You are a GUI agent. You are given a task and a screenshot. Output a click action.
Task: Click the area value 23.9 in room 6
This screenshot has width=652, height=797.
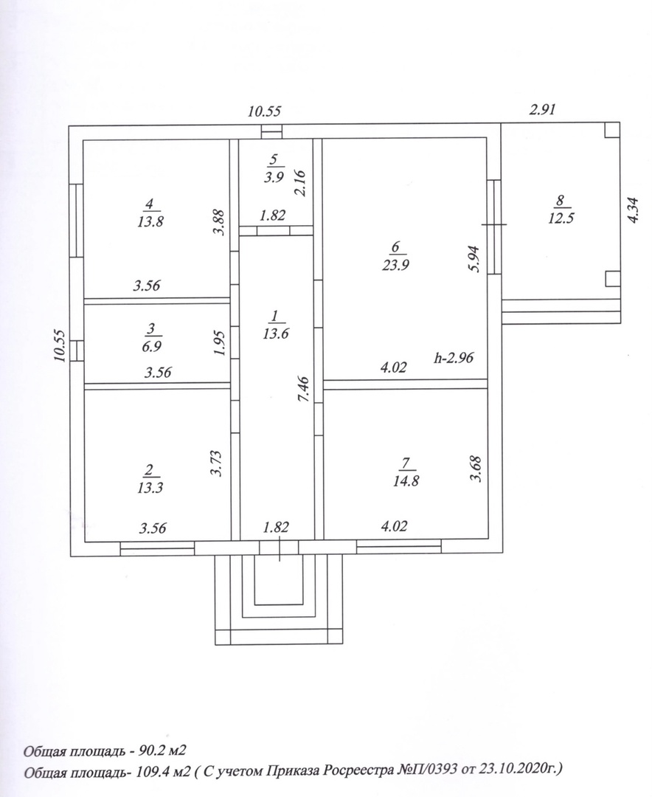[395, 265]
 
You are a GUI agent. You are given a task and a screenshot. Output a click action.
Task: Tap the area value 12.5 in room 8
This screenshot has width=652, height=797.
[561, 218]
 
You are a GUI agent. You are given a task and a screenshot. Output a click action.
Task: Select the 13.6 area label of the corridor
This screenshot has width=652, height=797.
[275, 334]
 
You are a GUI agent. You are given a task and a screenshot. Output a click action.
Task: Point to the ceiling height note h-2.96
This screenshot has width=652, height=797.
[454, 358]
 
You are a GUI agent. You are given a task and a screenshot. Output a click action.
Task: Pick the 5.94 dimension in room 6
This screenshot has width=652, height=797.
[475, 259]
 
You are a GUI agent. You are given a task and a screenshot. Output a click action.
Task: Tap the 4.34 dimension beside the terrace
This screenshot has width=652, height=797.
[633, 209]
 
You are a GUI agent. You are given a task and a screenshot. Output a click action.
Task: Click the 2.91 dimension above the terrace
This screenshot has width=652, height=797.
[543, 109]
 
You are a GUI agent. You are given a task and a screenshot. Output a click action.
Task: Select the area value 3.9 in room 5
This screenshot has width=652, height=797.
[274, 178]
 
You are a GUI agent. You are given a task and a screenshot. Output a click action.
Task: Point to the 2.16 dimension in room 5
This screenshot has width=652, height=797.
[300, 182]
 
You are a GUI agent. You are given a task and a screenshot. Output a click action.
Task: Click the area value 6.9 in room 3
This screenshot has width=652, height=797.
[151, 347]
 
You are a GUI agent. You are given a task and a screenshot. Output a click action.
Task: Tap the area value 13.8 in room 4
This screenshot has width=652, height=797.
[150, 221]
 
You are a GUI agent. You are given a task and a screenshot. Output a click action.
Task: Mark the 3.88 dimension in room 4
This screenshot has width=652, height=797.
[219, 223]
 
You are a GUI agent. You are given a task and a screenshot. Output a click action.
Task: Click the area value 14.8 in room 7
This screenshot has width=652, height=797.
[406, 480]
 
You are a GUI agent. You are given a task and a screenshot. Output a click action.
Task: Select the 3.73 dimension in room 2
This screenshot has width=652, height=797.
[216, 463]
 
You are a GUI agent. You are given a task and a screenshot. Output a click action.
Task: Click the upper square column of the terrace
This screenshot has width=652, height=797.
[612, 130]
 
